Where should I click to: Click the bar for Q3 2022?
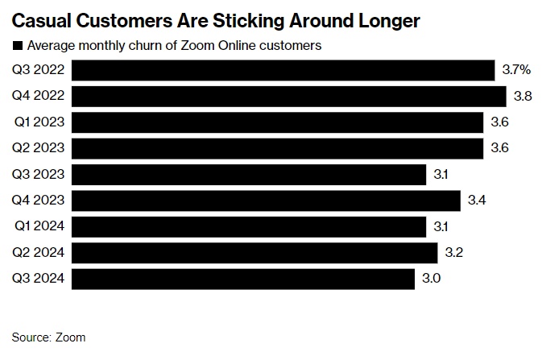283,70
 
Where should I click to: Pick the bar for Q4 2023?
266,201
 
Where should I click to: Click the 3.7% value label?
515,70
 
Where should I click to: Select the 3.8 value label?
522,96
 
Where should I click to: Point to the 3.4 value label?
477,201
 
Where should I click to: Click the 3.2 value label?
453,253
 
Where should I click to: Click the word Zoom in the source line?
71,337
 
